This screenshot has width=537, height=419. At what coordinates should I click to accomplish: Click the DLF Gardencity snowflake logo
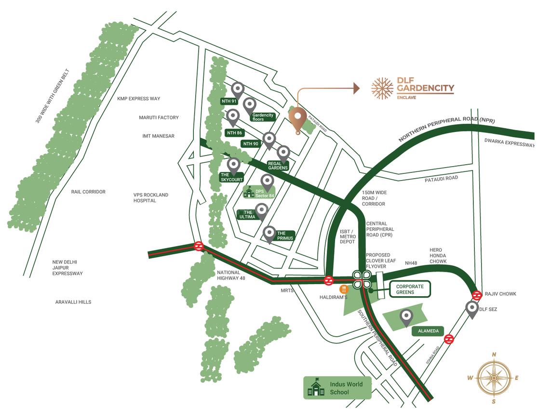click(x=382, y=88)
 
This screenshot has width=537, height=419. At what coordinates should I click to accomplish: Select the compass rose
click(x=494, y=378)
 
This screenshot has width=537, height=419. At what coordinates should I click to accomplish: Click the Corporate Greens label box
click(x=410, y=289)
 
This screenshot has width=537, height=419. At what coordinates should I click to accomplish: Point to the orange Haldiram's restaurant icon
click(x=344, y=289)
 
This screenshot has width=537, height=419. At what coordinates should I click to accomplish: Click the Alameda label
click(x=428, y=331)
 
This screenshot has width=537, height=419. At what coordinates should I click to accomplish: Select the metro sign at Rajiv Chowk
click(x=477, y=296)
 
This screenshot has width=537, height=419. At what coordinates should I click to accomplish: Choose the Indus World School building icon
click(x=316, y=387)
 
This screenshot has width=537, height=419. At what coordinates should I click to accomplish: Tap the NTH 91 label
click(x=229, y=101)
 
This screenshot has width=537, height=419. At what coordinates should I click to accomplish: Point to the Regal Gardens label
click(x=278, y=166)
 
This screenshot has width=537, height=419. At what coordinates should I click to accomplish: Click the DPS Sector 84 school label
click(x=260, y=193)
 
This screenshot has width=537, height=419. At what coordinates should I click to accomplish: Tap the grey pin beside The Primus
click(x=269, y=234)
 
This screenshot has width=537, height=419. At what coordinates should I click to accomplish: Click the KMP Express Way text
click(x=138, y=99)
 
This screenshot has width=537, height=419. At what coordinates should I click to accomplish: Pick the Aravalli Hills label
click(x=73, y=302)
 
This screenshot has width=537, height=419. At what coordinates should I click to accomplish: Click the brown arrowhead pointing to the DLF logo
click(x=356, y=88)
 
